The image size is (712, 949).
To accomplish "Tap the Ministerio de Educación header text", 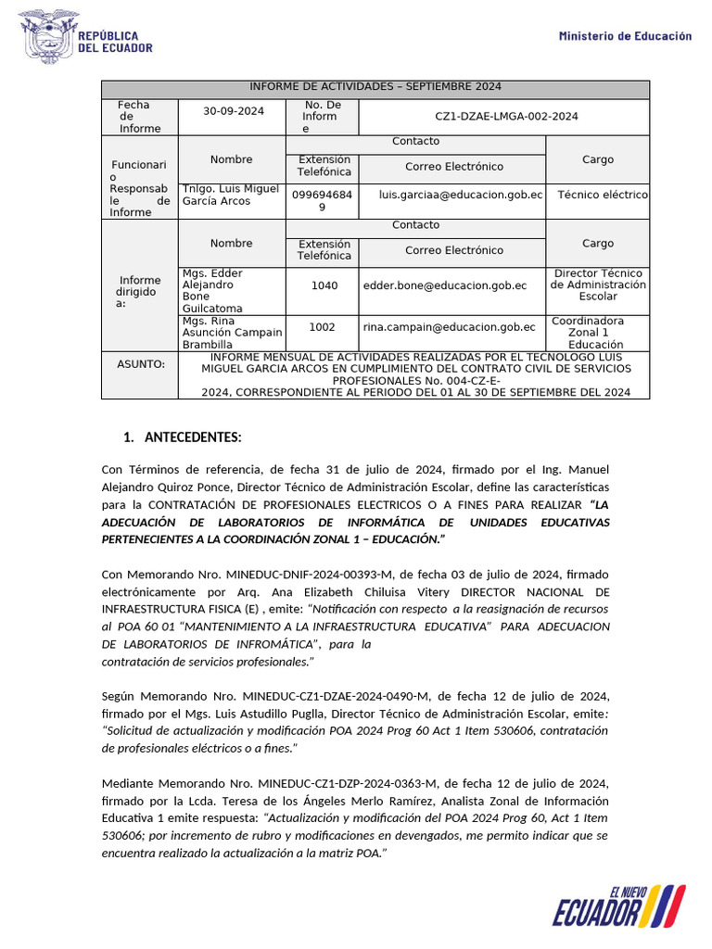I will (x=625, y=36).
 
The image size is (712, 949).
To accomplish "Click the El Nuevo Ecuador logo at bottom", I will (x=618, y=905).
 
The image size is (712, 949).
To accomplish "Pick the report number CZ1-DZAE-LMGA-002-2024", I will (x=506, y=117).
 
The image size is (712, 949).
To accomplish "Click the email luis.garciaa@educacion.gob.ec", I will (x=461, y=196).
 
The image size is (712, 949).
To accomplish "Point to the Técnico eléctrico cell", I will (x=603, y=196).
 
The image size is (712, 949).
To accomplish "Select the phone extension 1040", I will (x=324, y=285).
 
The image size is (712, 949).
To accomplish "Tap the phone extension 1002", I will (x=322, y=327).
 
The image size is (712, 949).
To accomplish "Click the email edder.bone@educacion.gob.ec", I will (x=445, y=285).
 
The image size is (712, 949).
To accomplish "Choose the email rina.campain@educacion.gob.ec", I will (x=449, y=327).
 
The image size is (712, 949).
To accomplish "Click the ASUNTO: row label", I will (x=140, y=364).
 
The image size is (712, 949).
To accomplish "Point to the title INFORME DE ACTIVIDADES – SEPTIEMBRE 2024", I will (x=375, y=87).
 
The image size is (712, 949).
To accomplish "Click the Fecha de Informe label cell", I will (x=139, y=117).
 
